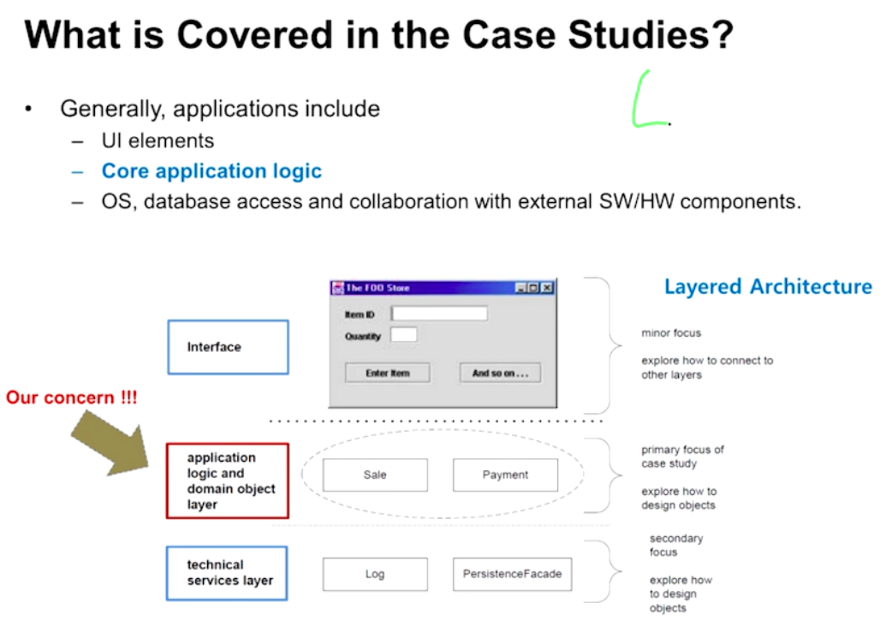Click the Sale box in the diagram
pos(375,475)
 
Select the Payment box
pos(505,475)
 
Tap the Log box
pos(375,574)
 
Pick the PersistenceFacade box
pos(512,574)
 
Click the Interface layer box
pos(228,347)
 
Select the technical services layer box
pos(227,573)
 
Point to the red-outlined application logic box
pos(227,481)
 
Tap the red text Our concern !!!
pos(71,398)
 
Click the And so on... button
pos(500,373)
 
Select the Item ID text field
pos(439,313)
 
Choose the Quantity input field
pos(404,335)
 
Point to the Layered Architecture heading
pos(768,286)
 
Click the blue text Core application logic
pos(211,170)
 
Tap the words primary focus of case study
pos(682,457)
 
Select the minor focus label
pos(671,332)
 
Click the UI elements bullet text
pos(158,140)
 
